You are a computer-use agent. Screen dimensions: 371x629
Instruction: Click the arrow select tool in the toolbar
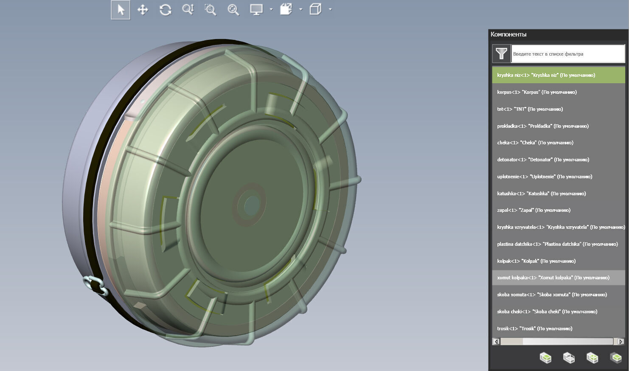(x=121, y=10)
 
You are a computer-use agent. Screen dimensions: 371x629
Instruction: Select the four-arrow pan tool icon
(x=143, y=10)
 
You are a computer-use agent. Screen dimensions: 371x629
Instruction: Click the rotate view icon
(x=166, y=10)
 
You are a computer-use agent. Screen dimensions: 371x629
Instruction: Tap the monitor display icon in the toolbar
(x=256, y=10)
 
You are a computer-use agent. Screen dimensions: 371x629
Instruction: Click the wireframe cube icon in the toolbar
(x=315, y=9)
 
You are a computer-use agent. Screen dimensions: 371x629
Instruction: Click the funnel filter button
(x=501, y=53)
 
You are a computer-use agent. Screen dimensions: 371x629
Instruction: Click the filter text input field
(x=567, y=54)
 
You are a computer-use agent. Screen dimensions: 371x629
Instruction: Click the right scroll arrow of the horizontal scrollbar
(x=621, y=342)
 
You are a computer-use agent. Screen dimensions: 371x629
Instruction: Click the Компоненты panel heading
(x=508, y=34)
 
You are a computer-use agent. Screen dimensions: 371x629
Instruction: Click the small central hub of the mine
(x=251, y=205)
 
